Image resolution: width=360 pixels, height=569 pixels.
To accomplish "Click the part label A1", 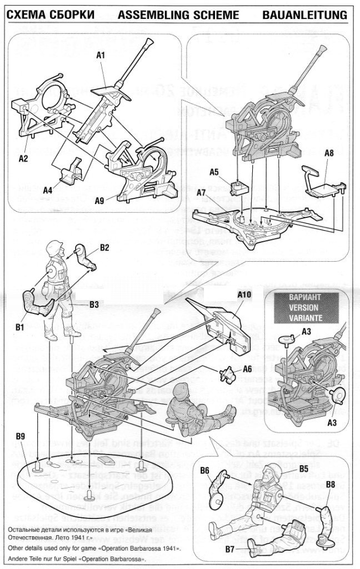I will pos(101,55).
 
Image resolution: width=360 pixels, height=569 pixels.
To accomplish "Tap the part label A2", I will pos(23,158).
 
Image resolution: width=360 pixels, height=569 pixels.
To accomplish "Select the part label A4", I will pos(49,190).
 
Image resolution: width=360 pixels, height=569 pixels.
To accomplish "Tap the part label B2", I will pos(104,247).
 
